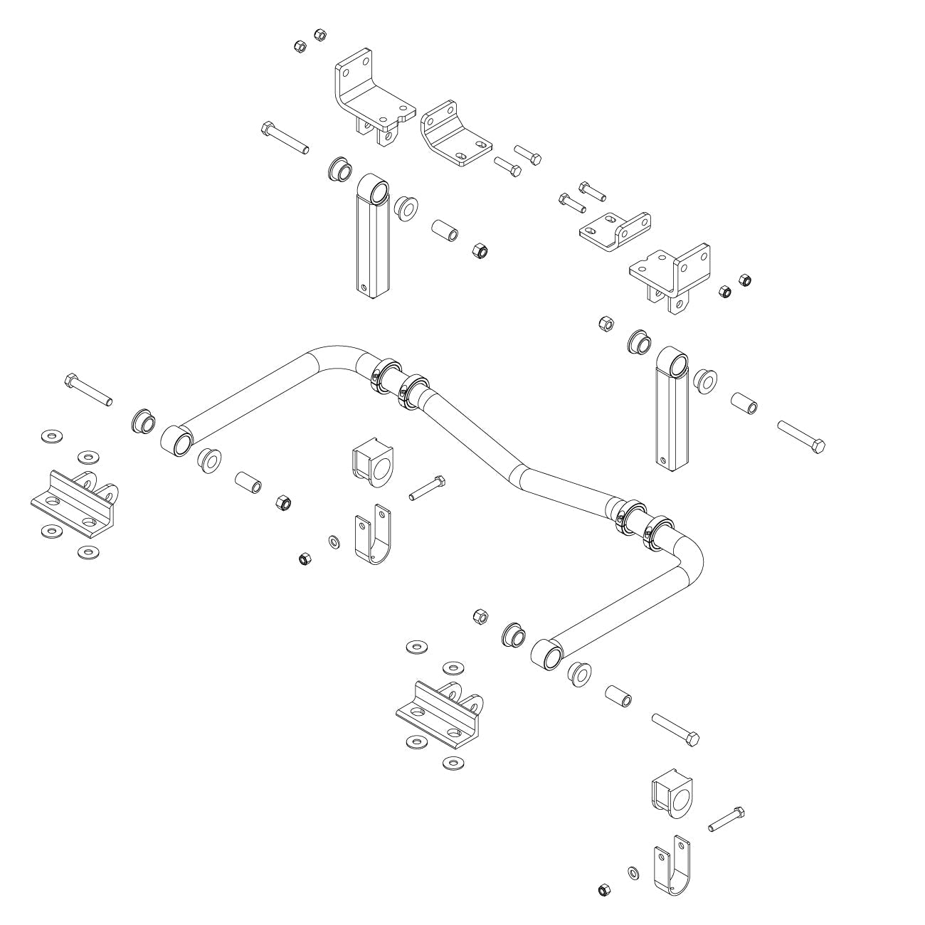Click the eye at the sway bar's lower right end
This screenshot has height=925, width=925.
(546, 653)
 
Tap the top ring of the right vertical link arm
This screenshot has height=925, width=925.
(673, 363)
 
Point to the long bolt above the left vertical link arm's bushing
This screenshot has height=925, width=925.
(285, 138)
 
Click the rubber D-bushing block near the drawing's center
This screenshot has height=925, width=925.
(372, 466)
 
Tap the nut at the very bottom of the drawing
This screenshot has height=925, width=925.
(603, 890)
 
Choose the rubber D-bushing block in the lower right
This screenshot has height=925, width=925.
(672, 793)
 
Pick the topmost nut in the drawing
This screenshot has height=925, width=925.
(319, 34)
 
